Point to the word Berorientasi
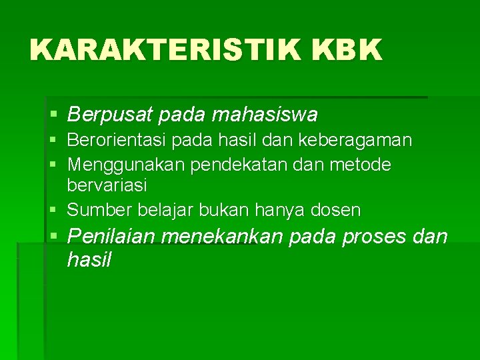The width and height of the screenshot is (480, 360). coord(119,141)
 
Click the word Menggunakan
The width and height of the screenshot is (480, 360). coord(126,164)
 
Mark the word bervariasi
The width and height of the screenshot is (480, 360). coord(107,185)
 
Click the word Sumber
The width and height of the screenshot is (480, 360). coord(99,211)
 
